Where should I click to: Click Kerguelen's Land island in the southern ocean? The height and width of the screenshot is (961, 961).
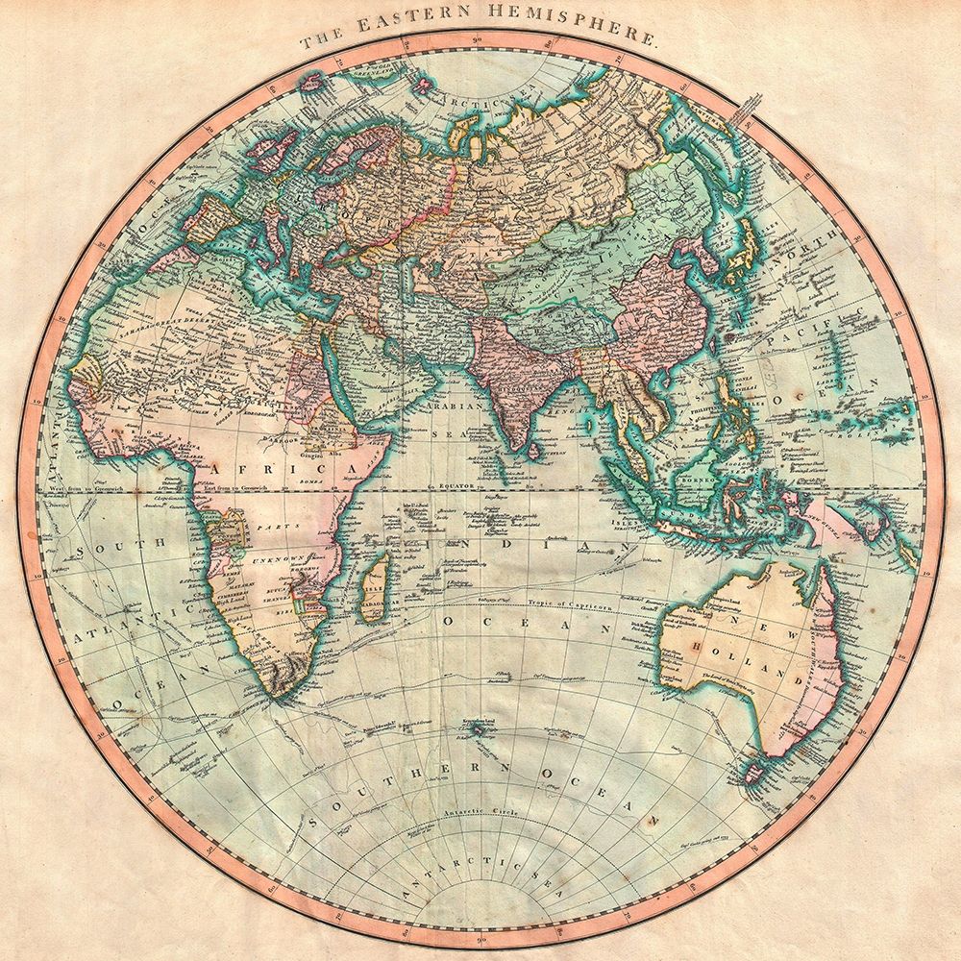point(478,732)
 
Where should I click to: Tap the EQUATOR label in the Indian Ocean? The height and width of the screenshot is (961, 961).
point(452,487)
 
